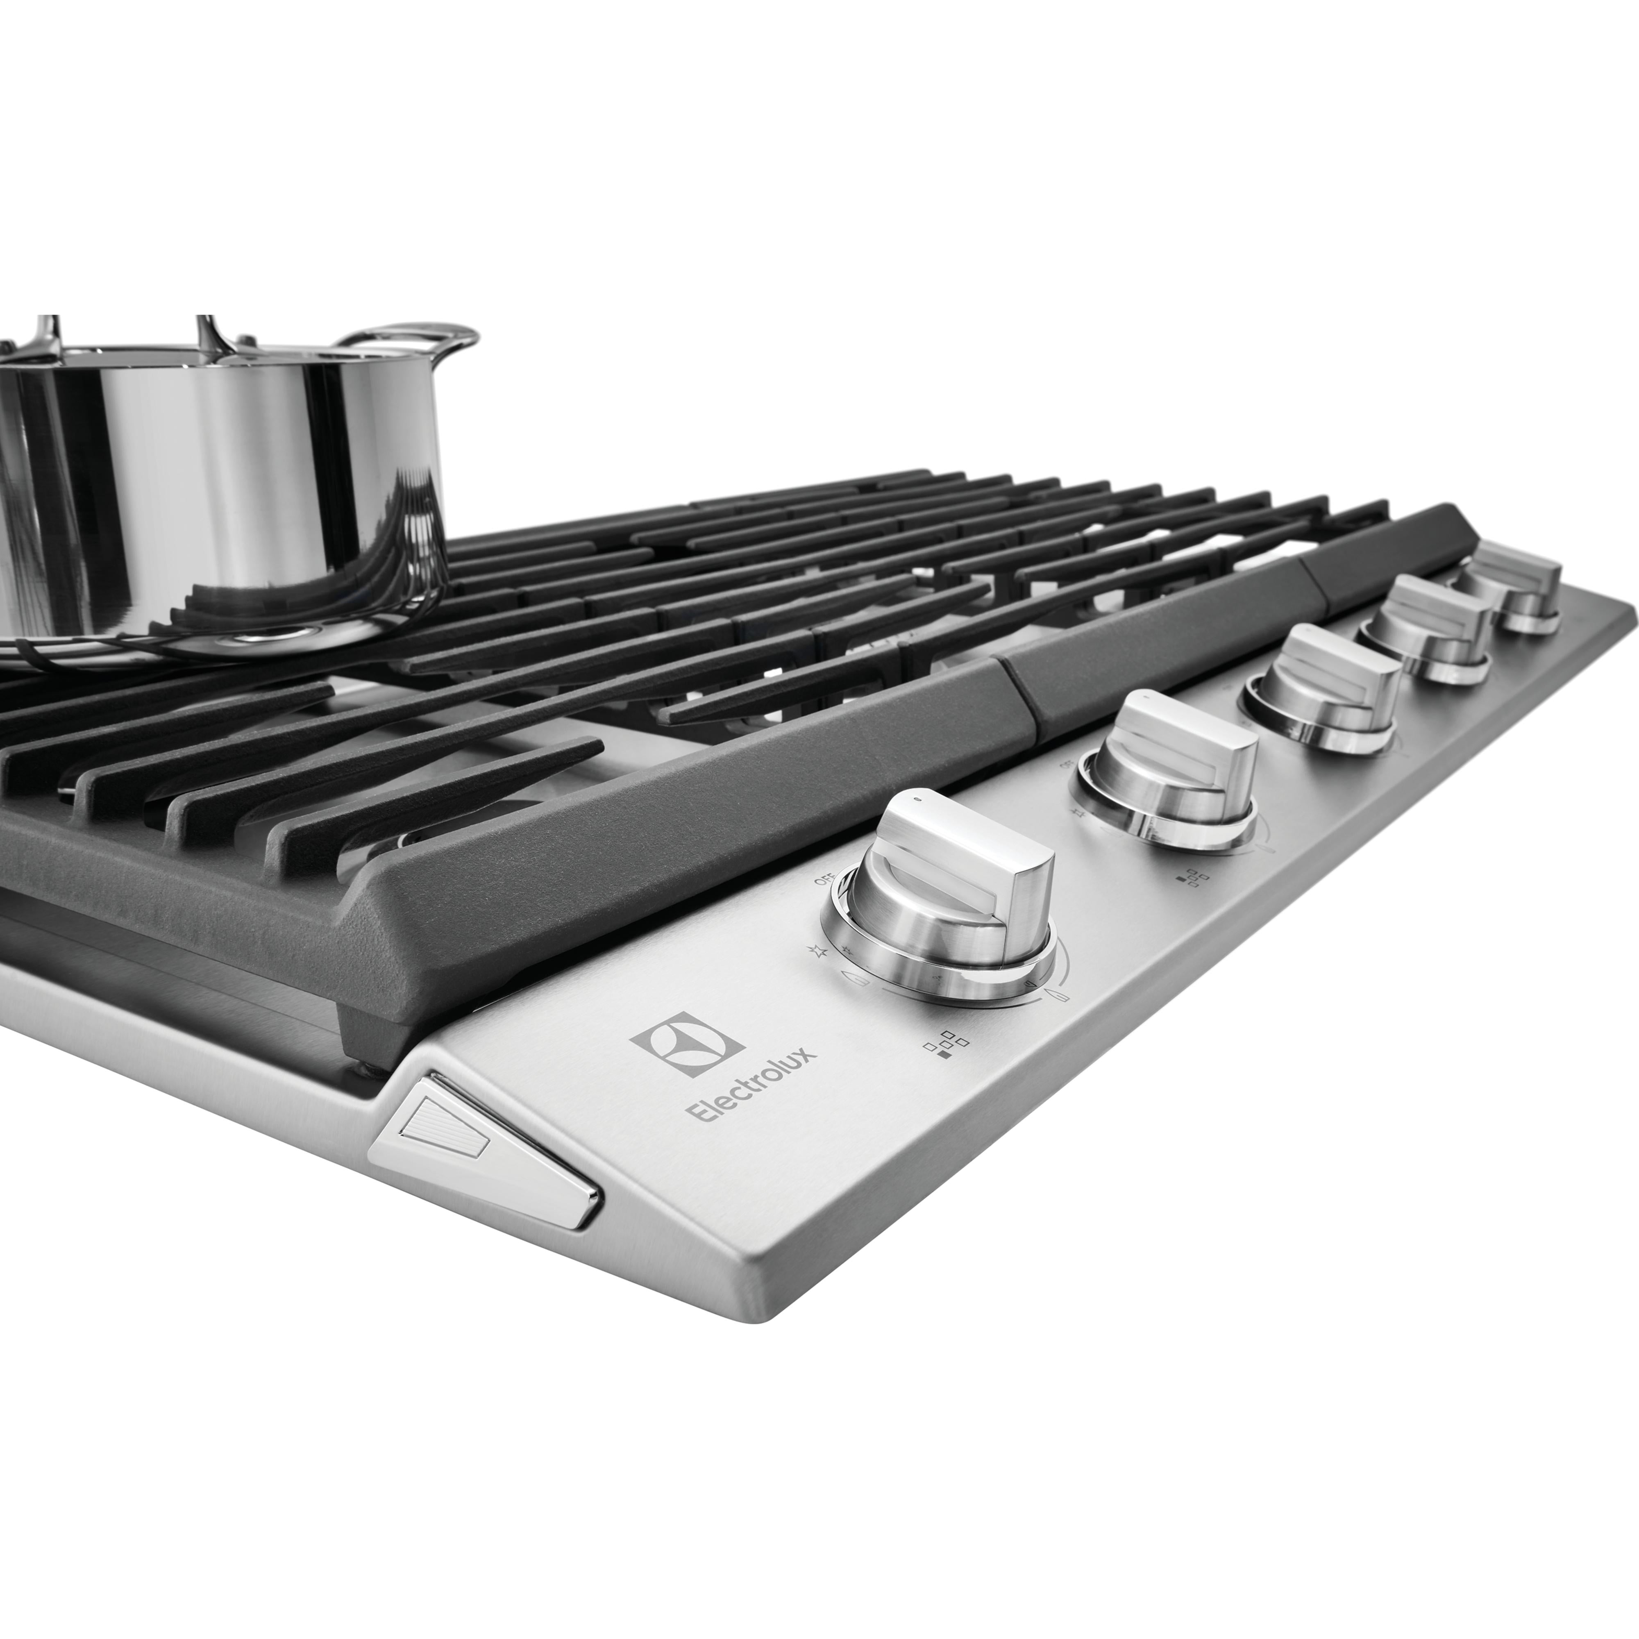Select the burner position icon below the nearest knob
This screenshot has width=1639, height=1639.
946,1045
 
